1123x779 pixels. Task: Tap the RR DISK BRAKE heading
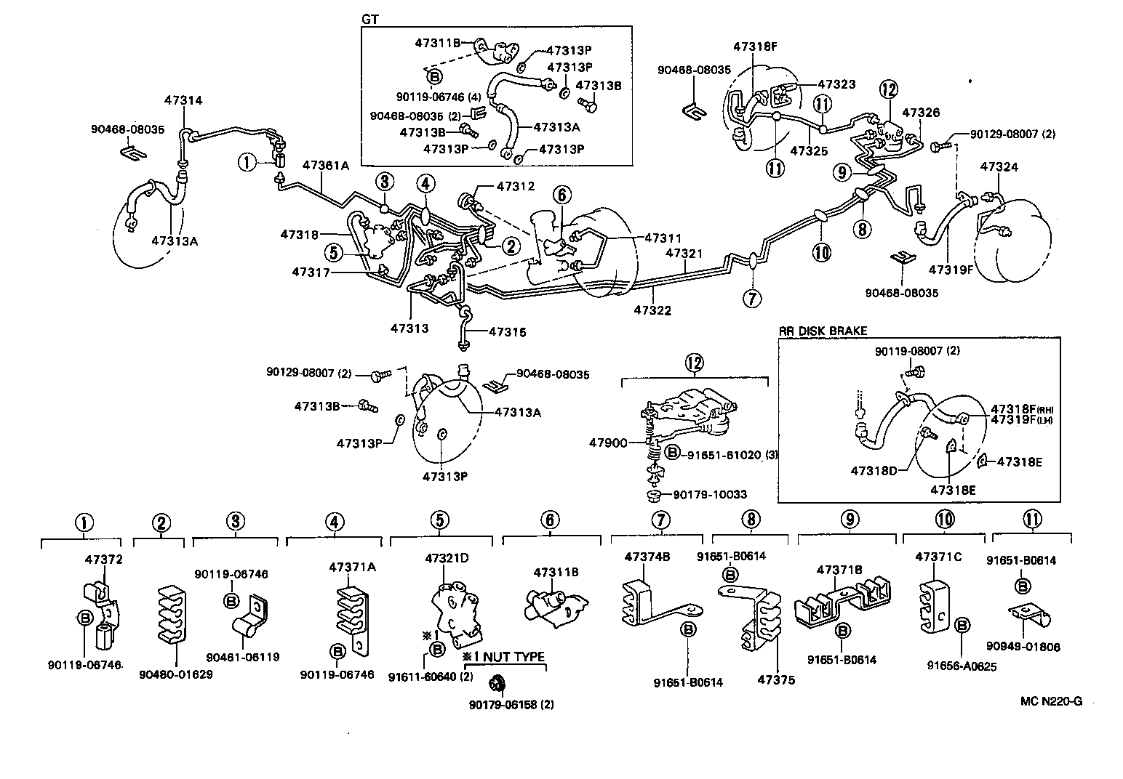tap(823, 331)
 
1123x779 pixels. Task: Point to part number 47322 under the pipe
tap(652, 310)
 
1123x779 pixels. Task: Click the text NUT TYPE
tap(513, 657)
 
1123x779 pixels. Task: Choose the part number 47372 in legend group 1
tap(104, 560)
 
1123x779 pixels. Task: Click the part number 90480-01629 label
tap(176, 674)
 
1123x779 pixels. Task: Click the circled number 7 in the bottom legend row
tap(660, 520)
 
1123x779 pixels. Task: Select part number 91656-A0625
tap(962, 665)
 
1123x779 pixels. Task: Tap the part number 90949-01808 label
tap(1034, 647)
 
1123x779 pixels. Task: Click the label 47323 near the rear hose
tap(836, 84)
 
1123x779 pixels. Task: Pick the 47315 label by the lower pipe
tap(507, 332)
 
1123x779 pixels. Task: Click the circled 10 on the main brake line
tap(821, 252)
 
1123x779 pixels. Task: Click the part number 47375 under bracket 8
tap(776, 680)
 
